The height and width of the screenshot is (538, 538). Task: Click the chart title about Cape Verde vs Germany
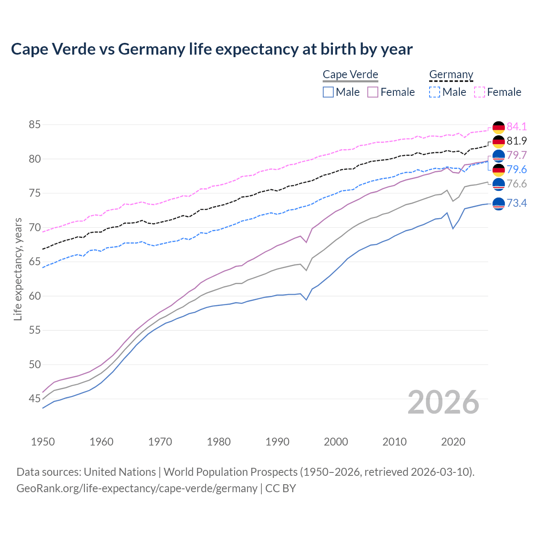point(212,49)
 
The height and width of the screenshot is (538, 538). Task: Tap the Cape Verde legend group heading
point(351,75)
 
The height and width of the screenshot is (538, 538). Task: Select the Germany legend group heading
point(451,75)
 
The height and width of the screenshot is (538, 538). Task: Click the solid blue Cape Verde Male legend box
point(328,92)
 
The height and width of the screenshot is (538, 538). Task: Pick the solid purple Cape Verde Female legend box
point(373,92)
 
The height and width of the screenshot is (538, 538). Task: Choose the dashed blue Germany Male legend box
point(435,92)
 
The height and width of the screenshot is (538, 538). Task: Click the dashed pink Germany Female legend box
point(480,92)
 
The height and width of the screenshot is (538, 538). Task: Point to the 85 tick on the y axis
point(34,125)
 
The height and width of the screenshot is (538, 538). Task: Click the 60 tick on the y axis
point(34,296)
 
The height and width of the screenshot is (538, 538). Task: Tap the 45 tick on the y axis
point(34,398)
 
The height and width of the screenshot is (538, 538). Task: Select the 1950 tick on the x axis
point(43,442)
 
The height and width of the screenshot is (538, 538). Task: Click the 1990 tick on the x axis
point(277,442)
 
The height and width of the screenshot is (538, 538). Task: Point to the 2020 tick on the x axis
point(453,442)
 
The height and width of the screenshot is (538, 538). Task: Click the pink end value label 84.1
point(517,127)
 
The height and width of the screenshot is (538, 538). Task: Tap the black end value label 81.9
point(517,141)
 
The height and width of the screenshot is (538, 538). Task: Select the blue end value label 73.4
point(517,203)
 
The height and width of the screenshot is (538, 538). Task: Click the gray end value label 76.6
point(517,184)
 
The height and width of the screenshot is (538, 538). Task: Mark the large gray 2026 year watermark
point(443,402)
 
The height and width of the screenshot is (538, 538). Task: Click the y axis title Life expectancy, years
point(18,269)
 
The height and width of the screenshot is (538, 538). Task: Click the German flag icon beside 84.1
point(498,127)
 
